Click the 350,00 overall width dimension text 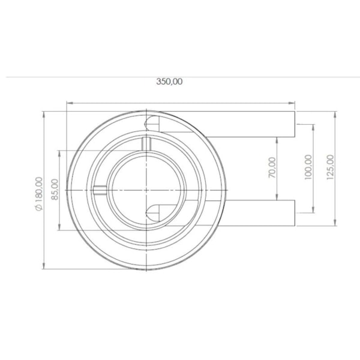(x=170, y=82)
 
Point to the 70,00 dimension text (x=271, y=167)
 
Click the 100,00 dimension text (x=308, y=167)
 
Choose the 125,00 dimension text (x=329, y=167)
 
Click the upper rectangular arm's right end (x=295, y=124)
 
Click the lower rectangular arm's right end (x=295, y=213)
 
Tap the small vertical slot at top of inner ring (x=145, y=144)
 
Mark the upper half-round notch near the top (x=154, y=122)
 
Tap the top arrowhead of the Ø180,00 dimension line (x=46, y=113)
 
